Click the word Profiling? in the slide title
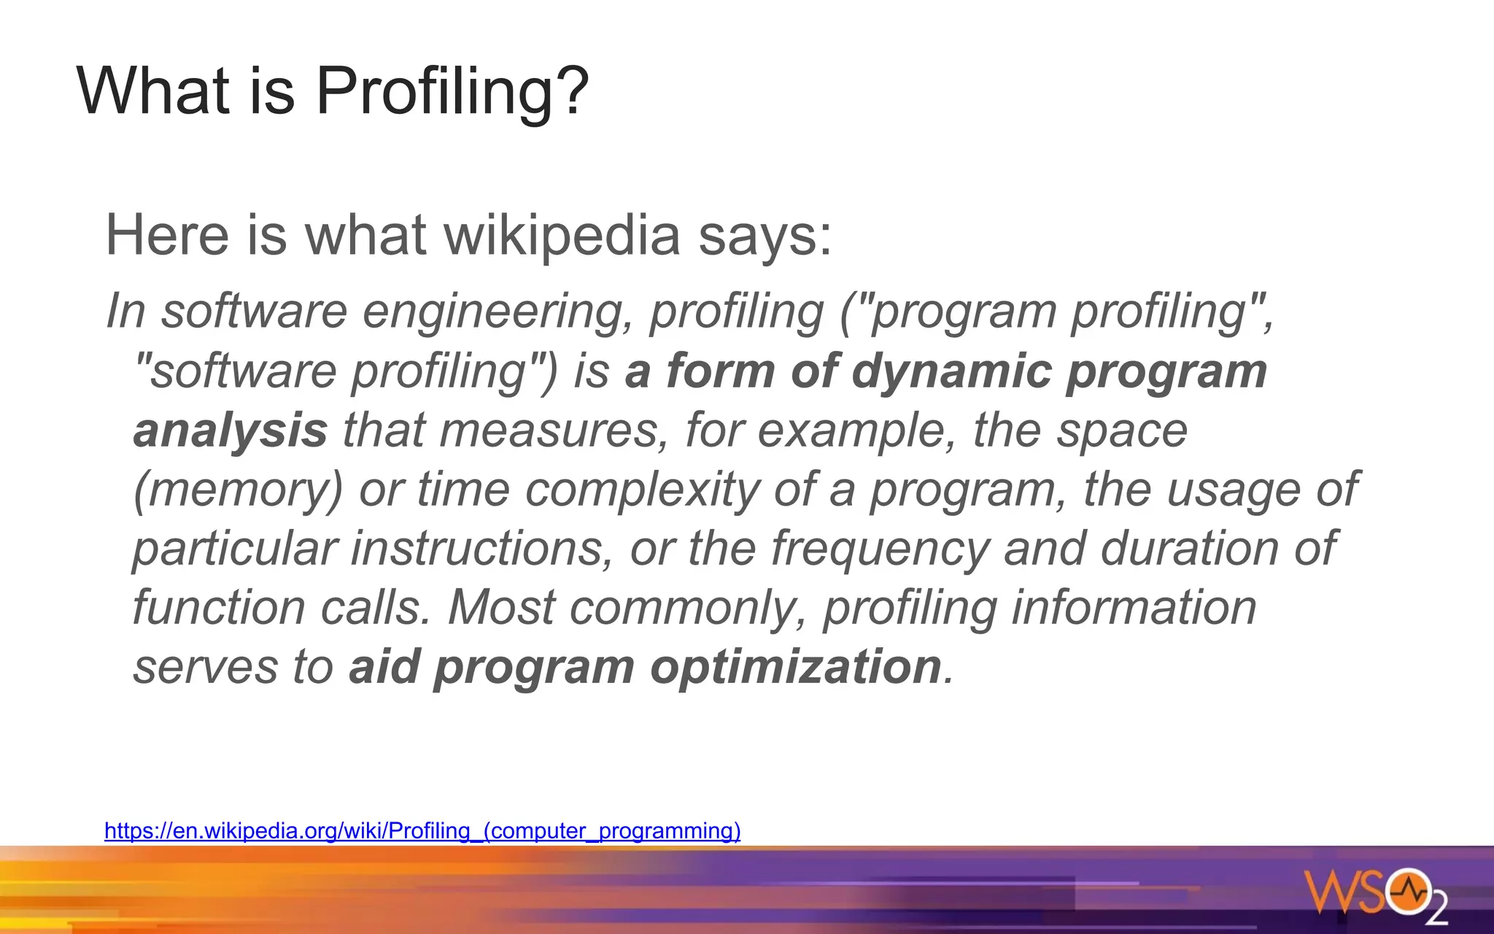tap(452, 92)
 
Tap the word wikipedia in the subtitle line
tap(562, 236)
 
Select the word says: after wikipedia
tap(765, 237)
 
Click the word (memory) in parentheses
tap(238, 490)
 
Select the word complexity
tap(643, 490)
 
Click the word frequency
tap(880, 549)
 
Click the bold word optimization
tap(796, 668)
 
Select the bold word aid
tap(384, 667)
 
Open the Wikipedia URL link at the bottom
tap(422, 831)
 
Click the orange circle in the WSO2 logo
tap(1409, 891)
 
